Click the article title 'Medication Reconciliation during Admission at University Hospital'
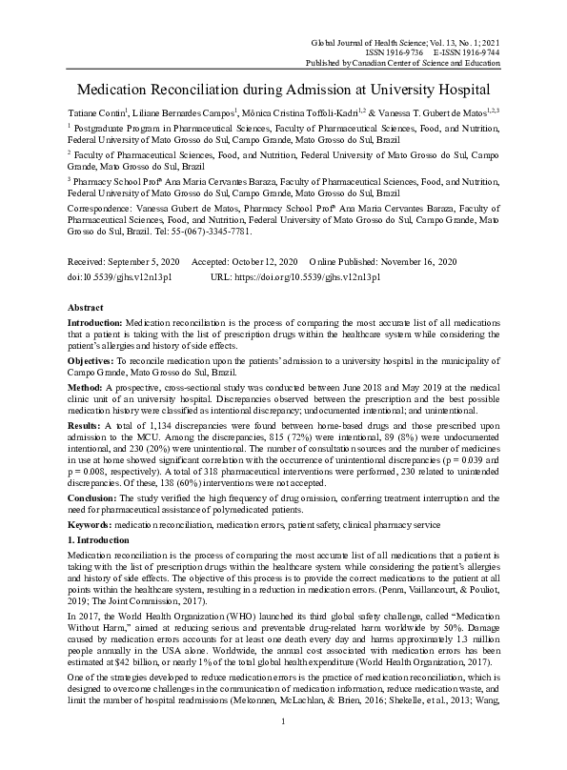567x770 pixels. point(282,91)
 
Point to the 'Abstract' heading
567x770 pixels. point(86,309)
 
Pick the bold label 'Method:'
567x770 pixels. point(87,388)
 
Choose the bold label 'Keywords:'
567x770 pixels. point(92,522)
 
